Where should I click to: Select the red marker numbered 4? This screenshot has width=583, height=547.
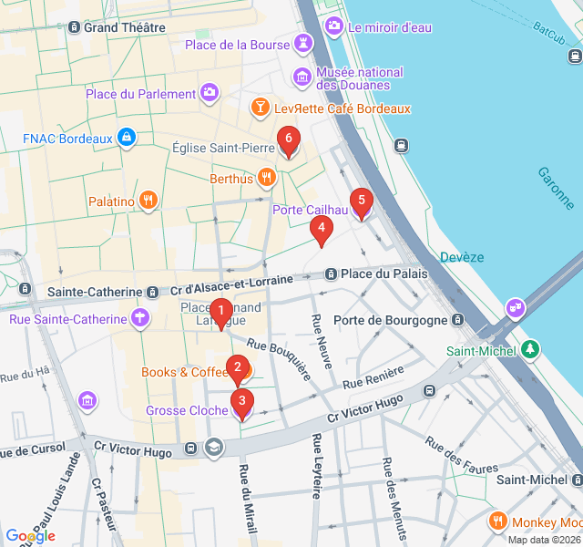pos(321,231)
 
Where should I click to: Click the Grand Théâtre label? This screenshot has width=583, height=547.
pos(124,27)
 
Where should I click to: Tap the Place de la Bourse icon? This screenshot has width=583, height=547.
pos(302,45)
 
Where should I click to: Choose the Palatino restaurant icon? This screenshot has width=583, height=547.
pos(148,201)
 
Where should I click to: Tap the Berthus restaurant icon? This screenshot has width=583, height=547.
pos(267,179)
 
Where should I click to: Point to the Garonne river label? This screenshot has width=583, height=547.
pos(556,188)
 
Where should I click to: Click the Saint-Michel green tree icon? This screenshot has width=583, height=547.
pos(529,350)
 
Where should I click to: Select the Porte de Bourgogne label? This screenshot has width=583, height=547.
pos(390,320)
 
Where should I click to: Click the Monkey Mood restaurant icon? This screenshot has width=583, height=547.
pos(498,521)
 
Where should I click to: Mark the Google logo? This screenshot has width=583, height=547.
pos(30,536)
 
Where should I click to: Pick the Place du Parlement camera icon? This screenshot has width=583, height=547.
pos(210,93)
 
